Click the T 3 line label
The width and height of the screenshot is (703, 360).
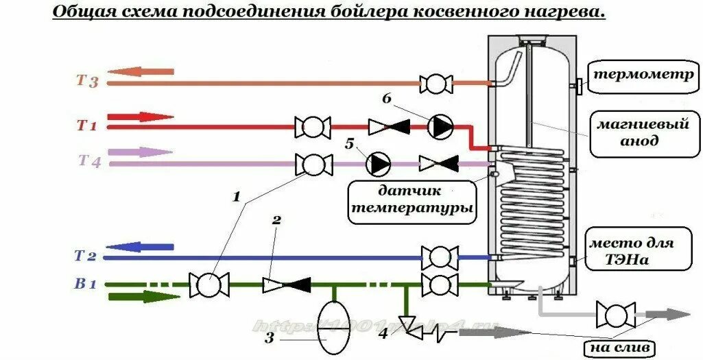tap(88, 82)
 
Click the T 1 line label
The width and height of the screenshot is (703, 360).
tap(86, 125)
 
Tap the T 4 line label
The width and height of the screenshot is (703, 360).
tap(89, 162)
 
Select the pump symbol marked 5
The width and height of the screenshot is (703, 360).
tap(378, 163)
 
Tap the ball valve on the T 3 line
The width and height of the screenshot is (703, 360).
tap(435, 84)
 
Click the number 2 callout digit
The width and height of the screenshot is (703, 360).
tap(276, 221)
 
